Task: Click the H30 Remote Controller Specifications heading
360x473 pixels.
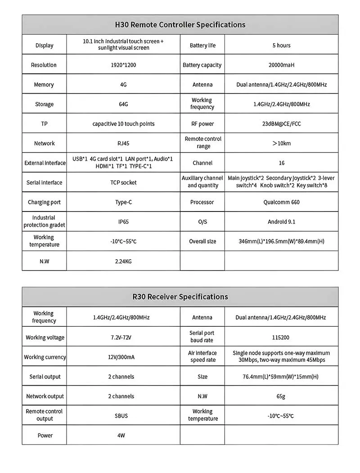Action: (180, 25)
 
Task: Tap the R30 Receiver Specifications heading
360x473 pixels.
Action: (180, 297)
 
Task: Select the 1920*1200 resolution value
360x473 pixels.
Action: (123, 65)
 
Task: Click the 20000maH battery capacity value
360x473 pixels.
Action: (281, 65)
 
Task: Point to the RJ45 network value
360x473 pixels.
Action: (123, 143)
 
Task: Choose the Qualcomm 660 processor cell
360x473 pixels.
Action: (281, 202)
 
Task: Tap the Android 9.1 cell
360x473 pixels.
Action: (281, 221)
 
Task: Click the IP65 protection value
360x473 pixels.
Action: (123, 221)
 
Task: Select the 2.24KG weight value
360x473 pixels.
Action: (123, 261)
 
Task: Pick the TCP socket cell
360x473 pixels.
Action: (123, 182)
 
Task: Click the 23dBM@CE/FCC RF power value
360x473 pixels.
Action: (281, 124)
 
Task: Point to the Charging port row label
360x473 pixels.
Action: (44, 202)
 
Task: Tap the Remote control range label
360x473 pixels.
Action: (203, 143)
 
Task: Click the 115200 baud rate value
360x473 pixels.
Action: (281, 337)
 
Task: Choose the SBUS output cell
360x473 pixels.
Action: (121, 415)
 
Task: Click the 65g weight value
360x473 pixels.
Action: (281, 396)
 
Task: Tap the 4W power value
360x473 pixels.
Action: (121, 435)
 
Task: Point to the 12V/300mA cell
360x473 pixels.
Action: (121, 357)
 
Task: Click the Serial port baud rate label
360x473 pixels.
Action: (202, 337)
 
